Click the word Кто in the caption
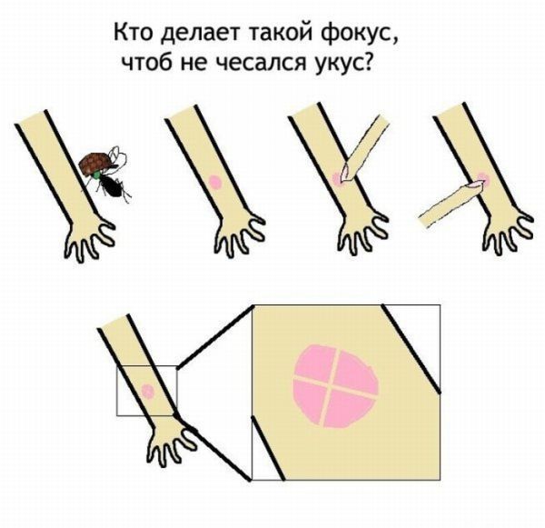pos(133,35)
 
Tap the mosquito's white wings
pos(115,155)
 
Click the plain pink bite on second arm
pos(214,181)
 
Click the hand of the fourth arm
pos(505,233)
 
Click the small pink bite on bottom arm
pos(146,393)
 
